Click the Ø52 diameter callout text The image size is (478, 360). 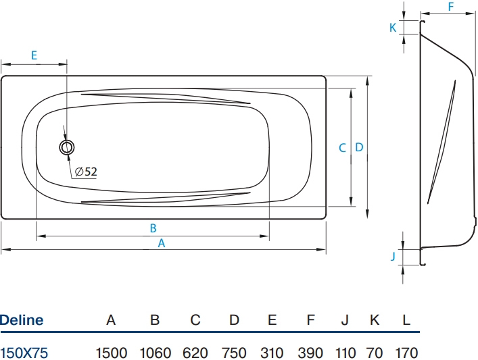pos(86,172)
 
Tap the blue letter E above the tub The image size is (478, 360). pos(34,55)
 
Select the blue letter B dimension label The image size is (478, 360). pos(153,228)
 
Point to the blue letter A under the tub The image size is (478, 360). pos(162,243)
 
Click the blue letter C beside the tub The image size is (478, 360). pos(342,148)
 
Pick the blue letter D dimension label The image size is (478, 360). pos(360,147)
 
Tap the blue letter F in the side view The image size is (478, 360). pos(451,7)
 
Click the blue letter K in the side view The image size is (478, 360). pos(393,28)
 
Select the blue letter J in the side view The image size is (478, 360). pos(393,256)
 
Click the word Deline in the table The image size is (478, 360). pos(22,320)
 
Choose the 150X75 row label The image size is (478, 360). pos(24,353)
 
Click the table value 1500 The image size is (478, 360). pos(112,353)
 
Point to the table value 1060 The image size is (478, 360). pos(156,353)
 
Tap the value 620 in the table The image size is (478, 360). pos(195,353)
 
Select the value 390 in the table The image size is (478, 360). pos(310,353)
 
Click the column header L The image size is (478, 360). pos(406,320)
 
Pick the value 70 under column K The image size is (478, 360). pos(375,353)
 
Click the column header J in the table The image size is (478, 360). pos(345,320)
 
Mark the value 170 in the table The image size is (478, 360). pos(406,353)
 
